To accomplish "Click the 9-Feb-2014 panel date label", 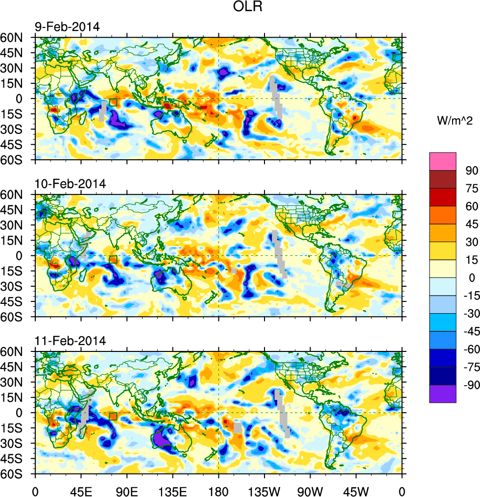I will pos(67,27).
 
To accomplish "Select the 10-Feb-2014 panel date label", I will pos(70,184).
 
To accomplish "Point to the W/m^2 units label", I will pos(455,121).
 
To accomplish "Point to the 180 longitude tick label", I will pos(218,490).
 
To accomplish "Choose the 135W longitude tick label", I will pos(264,490).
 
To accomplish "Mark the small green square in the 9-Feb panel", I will pos(113,102).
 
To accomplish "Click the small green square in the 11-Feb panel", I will pos(113,416).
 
